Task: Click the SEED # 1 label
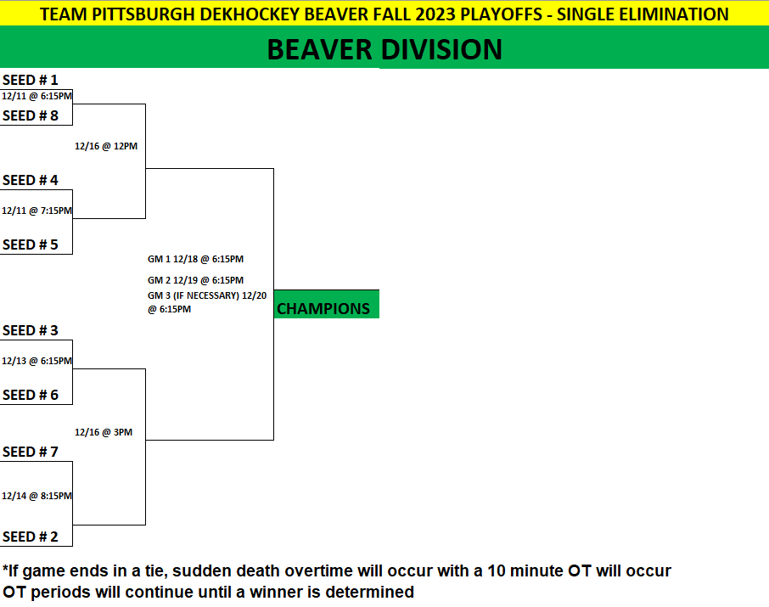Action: pos(31,80)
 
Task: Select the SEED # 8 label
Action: pos(31,115)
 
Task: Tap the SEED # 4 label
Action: pos(31,181)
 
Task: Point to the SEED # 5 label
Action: pos(31,244)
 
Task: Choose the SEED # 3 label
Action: pos(31,331)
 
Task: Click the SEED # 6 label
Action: pos(31,395)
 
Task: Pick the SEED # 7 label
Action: pos(31,452)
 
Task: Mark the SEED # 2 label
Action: pos(31,537)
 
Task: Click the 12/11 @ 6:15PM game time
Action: pos(36,96)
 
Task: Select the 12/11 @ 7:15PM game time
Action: pos(36,211)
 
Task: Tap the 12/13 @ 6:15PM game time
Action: pos(36,361)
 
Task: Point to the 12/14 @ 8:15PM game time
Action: pos(36,496)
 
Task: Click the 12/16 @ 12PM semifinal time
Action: pos(106,146)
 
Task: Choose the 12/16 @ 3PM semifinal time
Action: pos(104,432)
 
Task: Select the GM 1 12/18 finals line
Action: pos(196,259)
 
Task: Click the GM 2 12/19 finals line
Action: pos(196,280)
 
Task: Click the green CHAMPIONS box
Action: pos(326,304)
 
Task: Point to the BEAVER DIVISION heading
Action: pos(384,49)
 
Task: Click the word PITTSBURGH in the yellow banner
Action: pos(143,14)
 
